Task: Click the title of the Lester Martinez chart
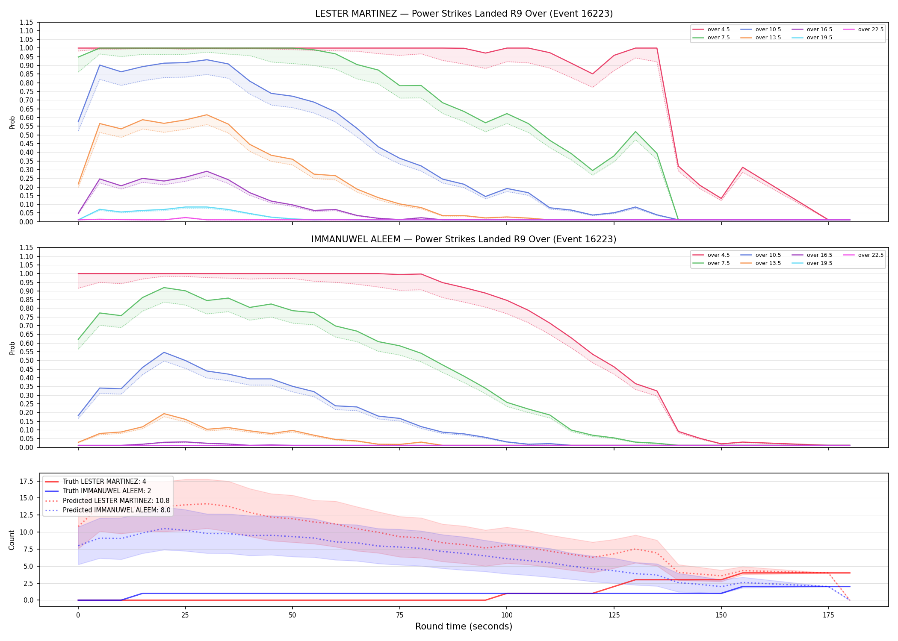(464, 14)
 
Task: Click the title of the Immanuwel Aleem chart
(464, 239)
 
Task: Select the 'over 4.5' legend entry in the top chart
(711, 29)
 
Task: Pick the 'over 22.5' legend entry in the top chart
(863, 29)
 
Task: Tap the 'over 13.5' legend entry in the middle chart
(761, 263)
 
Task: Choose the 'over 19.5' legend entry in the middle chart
(812, 263)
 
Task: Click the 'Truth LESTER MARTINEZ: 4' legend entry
(95, 482)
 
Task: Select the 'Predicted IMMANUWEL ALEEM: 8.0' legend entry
(107, 510)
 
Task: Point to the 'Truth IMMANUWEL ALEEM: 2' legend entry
(98, 491)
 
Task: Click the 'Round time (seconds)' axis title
(464, 626)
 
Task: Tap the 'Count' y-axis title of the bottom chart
(12, 540)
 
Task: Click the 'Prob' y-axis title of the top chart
(12, 122)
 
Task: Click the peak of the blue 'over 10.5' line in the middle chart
(164, 353)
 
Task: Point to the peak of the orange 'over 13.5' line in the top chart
(207, 115)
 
